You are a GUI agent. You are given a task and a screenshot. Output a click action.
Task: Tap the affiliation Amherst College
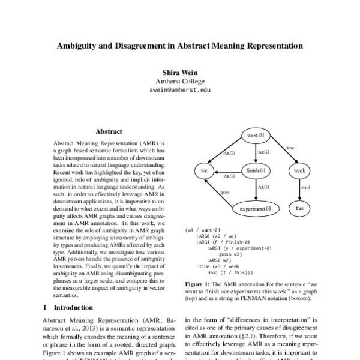pos(180,81)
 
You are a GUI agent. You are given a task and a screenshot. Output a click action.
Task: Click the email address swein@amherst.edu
pos(180,90)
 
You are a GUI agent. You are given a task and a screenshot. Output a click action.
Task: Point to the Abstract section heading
pos(109,131)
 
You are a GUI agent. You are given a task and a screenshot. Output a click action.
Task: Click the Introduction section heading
pos(68,307)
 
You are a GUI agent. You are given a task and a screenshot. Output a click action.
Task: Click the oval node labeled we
pos(204,170)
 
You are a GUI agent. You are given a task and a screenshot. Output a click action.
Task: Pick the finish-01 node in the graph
pos(256,170)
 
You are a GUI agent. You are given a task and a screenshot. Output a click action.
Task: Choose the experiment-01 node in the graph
pos(256,208)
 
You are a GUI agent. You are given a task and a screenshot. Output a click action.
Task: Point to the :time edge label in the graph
pos(289,148)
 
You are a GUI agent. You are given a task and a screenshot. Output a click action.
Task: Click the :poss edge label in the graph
pos(225,193)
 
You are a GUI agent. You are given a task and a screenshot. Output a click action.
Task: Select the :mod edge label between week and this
pos(305,188)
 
